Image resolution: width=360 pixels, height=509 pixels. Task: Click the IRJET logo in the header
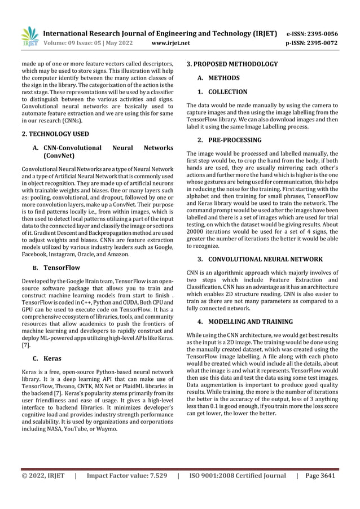point(29,35)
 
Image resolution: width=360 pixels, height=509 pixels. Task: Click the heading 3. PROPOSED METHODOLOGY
point(232,64)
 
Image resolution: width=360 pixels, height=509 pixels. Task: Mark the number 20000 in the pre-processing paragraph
point(196,232)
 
